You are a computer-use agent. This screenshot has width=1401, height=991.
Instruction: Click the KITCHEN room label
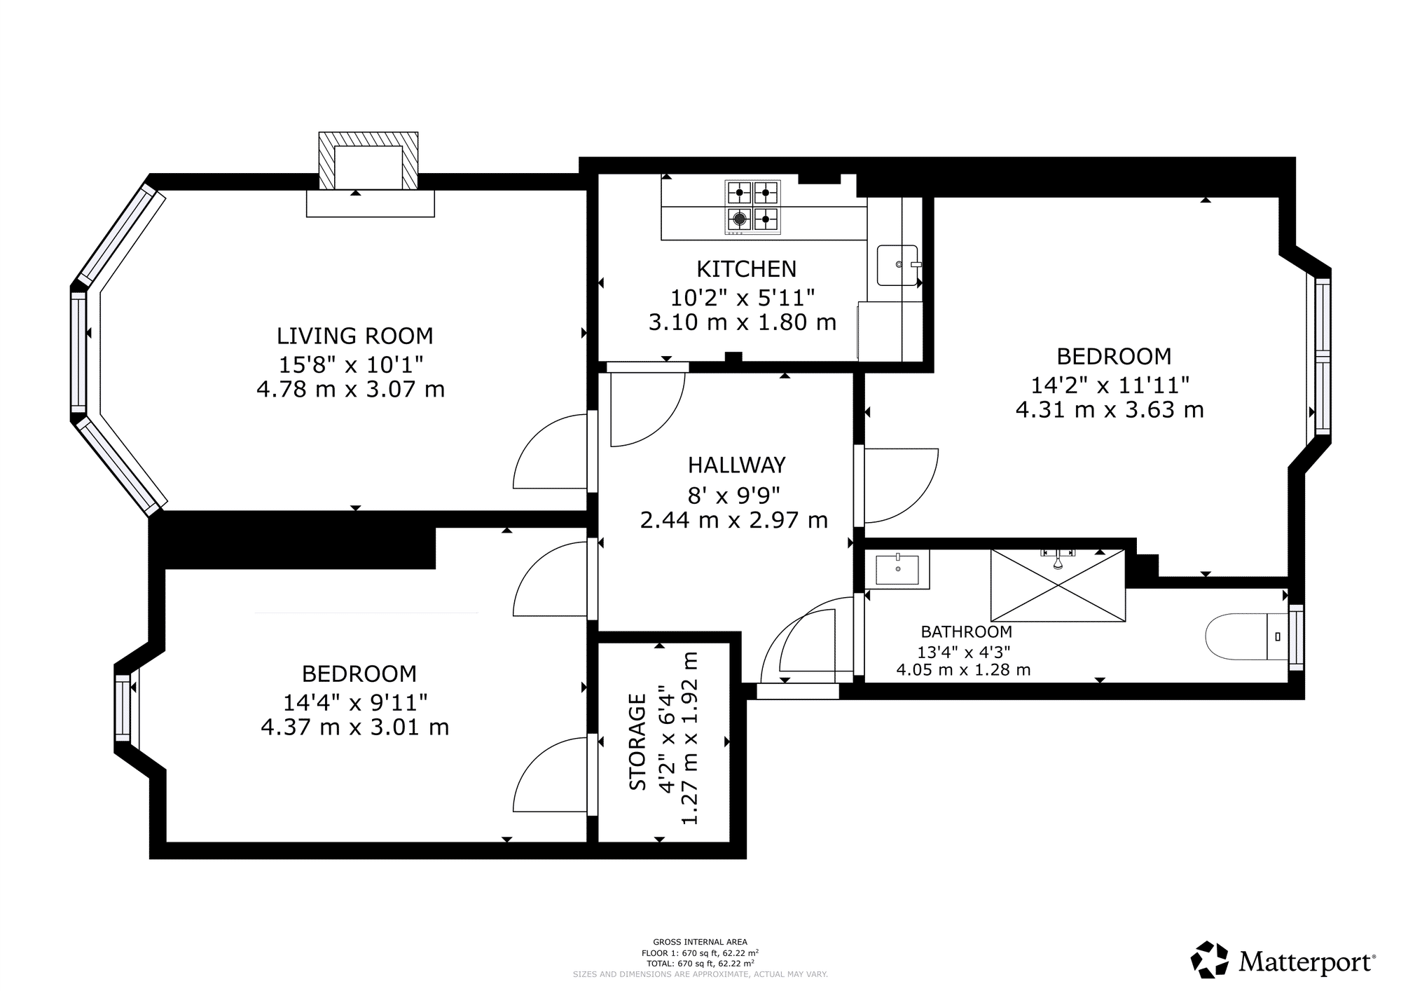pyautogui.click(x=746, y=269)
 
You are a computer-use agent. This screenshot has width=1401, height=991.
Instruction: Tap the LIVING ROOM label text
pyautogui.click(x=355, y=336)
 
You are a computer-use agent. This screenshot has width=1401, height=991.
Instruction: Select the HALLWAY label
pyautogui.click(x=736, y=465)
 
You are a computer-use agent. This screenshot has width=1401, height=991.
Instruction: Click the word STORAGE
pyautogui.click(x=637, y=741)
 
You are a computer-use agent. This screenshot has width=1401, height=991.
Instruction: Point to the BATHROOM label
pyautogui.click(x=966, y=631)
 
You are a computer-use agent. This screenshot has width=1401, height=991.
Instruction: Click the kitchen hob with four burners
pyautogui.click(x=752, y=207)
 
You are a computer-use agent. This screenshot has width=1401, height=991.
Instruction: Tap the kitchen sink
pyautogui.click(x=898, y=265)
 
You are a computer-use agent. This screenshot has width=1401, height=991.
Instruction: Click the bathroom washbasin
pyautogui.click(x=897, y=570)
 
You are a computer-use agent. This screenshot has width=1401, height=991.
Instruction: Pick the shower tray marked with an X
pyautogui.click(x=1058, y=586)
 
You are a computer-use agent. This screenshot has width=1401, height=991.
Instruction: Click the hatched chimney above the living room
pyautogui.click(x=368, y=160)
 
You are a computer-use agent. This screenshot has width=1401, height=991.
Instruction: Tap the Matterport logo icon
pyautogui.click(x=1210, y=959)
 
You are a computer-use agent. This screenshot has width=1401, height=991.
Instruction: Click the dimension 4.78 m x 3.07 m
pyautogui.click(x=351, y=389)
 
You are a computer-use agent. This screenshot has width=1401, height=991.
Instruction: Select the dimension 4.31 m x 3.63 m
pyautogui.click(x=1110, y=410)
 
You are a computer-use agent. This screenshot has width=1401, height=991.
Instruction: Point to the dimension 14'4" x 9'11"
pyautogui.click(x=355, y=702)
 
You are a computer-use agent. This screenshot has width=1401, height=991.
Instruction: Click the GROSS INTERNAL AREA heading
pyautogui.click(x=700, y=942)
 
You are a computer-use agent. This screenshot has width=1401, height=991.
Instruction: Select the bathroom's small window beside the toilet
pyautogui.click(x=1296, y=637)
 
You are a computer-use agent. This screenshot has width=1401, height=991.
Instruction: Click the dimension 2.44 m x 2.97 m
pyautogui.click(x=734, y=521)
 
